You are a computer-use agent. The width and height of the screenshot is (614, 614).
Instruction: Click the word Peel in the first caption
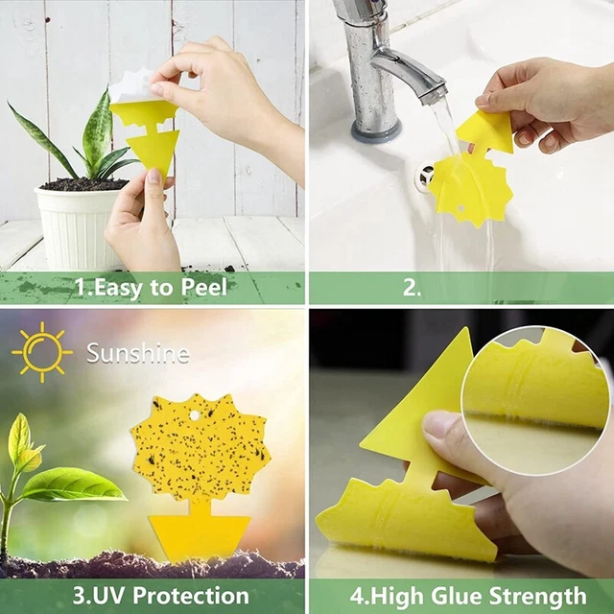click(203, 288)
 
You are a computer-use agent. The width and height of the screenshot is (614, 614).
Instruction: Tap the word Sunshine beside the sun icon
click(138, 353)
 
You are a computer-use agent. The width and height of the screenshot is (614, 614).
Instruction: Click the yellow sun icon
click(42, 352)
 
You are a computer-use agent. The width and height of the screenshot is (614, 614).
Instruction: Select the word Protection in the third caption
click(191, 596)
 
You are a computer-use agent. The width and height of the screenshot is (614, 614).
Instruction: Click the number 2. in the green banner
click(412, 288)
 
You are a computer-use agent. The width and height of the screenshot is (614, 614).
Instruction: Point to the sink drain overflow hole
click(425, 176)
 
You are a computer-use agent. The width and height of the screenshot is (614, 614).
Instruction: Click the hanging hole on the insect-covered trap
click(194, 415)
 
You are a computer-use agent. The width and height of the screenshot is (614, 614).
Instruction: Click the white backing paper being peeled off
click(131, 86)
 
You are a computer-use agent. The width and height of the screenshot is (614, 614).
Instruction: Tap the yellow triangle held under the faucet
click(487, 131)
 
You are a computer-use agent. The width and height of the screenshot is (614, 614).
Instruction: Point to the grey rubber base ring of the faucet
click(376, 130)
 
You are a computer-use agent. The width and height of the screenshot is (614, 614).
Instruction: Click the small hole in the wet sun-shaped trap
click(460, 207)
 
